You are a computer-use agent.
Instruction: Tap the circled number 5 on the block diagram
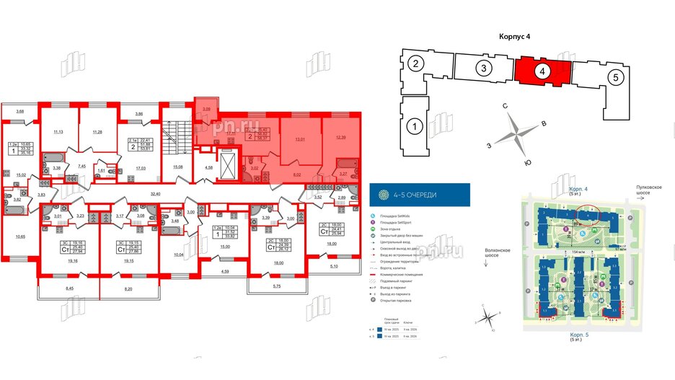point(614,77)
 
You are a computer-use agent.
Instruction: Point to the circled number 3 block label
point(485,69)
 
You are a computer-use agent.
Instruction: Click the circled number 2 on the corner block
point(416,65)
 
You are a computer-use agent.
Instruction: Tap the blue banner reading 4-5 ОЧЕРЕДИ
point(419,195)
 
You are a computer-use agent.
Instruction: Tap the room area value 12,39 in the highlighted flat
point(342,137)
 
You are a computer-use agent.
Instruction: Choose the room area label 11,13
point(59,132)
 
